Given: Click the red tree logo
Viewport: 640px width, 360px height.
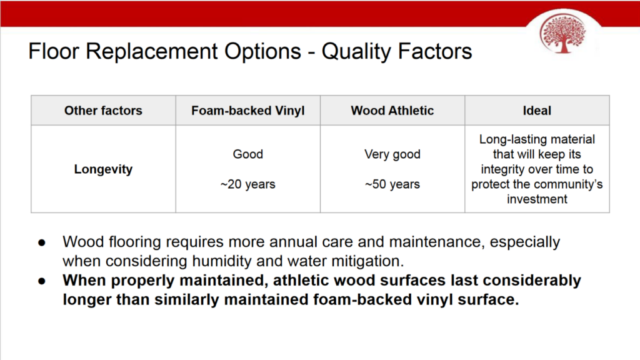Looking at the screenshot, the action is coord(562,34).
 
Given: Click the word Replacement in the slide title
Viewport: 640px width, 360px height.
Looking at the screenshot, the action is coord(152,51).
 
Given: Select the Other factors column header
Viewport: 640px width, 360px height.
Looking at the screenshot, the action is coord(103,111).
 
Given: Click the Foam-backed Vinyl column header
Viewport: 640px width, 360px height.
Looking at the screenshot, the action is coord(247,111).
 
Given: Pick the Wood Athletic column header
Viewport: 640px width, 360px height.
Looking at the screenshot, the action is coord(392,111).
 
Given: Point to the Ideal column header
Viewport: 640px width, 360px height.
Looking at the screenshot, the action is coord(537,111).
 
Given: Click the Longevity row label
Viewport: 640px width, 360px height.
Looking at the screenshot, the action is coord(103,169).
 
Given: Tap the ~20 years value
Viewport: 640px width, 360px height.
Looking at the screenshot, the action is coord(247,184).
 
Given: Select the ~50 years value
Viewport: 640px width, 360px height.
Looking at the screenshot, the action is coord(392,184).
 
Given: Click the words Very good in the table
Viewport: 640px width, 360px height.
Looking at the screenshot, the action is coord(392,154).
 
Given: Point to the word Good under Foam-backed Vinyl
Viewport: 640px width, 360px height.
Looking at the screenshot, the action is coord(247,154).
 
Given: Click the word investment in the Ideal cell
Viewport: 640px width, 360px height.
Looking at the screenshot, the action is coord(537,199).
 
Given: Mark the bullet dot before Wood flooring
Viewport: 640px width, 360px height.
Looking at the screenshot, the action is coord(42,243).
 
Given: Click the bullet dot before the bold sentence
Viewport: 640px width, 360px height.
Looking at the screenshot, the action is coord(42,281).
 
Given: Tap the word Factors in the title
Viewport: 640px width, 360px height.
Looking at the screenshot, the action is coord(435,51).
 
